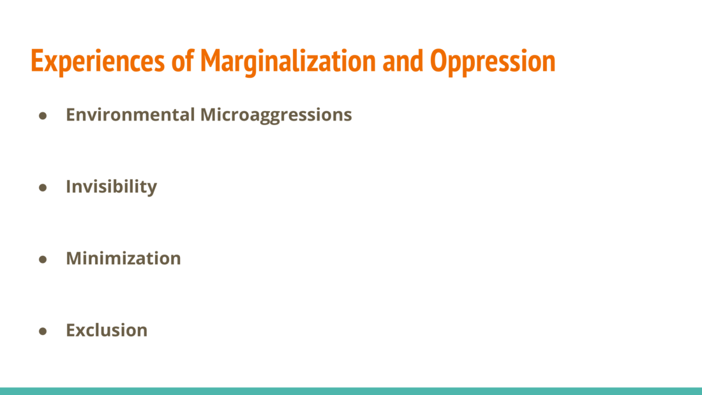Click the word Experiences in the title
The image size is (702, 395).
[98, 61]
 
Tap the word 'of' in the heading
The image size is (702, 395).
[183, 61]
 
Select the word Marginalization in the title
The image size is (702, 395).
[288, 61]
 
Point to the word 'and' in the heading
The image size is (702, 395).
[403, 61]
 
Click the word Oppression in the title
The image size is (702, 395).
[493, 61]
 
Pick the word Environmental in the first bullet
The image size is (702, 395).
[130, 115]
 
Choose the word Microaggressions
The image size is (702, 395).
[276, 116]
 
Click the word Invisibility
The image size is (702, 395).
[112, 187]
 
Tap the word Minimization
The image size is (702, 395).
[124, 258]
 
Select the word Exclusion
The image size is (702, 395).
[107, 330]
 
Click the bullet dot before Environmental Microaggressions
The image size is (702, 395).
[43, 116]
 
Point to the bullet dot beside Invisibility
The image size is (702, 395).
[43, 188]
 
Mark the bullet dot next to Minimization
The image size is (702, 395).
[43, 259]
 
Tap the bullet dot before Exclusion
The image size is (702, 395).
[43, 331]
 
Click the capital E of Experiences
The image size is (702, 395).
[37, 61]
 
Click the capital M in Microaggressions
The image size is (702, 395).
[209, 115]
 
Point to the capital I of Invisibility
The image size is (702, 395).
[68, 186]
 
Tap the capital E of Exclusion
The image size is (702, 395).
[71, 330]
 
